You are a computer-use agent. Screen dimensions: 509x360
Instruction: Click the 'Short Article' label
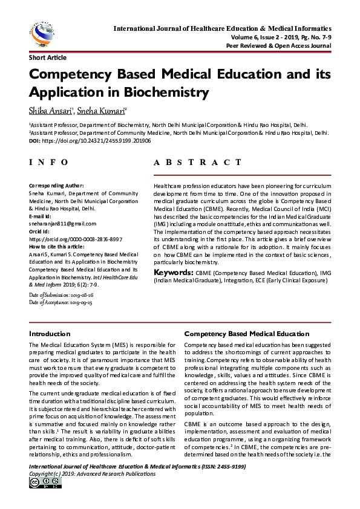(48, 58)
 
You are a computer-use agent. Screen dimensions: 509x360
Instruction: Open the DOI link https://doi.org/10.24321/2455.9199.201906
(96, 140)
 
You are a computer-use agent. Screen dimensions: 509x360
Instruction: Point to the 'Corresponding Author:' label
(57, 184)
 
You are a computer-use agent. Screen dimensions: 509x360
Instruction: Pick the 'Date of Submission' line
(61, 294)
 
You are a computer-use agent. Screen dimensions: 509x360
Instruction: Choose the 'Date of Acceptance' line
(61, 302)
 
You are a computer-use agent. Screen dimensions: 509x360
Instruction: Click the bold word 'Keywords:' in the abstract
(174, 273)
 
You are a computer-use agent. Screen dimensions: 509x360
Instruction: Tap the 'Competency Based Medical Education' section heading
(246, 334)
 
